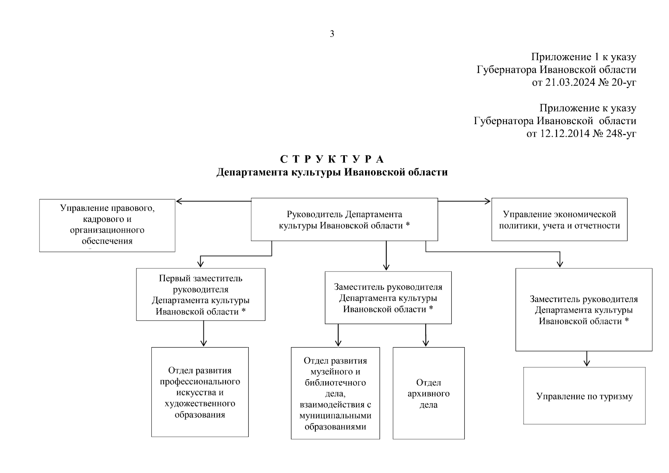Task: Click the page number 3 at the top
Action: (x=332, y=34)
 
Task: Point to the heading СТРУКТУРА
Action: (x=332, y=159)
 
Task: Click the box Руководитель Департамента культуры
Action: (x=344, y=219)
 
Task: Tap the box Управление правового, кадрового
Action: (x=107, y=225)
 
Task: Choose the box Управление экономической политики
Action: (x=559, y=220)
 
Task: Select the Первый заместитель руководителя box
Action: (x=201, y=294)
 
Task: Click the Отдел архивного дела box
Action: (x=429, y=393)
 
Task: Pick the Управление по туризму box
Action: (x=584, y=396)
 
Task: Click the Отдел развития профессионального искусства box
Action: (x=200, y=392)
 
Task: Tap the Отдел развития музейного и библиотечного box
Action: (x=335, y=393)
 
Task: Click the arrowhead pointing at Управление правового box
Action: (x=179, y=201)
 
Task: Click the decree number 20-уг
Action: (x=622, y=82)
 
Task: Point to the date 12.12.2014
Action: (x=564, y=134)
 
